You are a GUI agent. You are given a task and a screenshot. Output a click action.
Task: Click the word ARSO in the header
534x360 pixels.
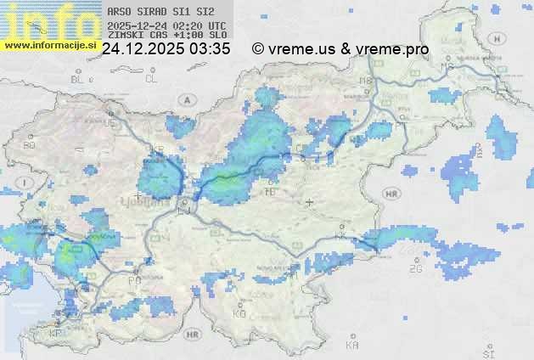pos(117,12)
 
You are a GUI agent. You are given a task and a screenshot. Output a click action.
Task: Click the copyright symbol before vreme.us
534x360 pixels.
pos(258,50)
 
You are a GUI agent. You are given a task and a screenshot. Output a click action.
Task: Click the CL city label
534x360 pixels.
pos(151,79)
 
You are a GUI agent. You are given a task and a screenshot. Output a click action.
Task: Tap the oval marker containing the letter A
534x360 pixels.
pos(186,99)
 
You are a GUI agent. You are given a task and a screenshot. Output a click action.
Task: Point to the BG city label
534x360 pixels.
pos(30,145)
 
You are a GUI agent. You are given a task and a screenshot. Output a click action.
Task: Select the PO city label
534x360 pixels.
pos(134,280)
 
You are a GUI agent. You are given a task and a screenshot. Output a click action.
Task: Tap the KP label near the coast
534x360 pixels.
pos(56,334)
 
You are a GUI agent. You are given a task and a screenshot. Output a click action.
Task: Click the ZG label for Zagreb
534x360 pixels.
pos(415,269)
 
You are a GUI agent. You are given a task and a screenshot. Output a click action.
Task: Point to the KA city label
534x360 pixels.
pos(352,345)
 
